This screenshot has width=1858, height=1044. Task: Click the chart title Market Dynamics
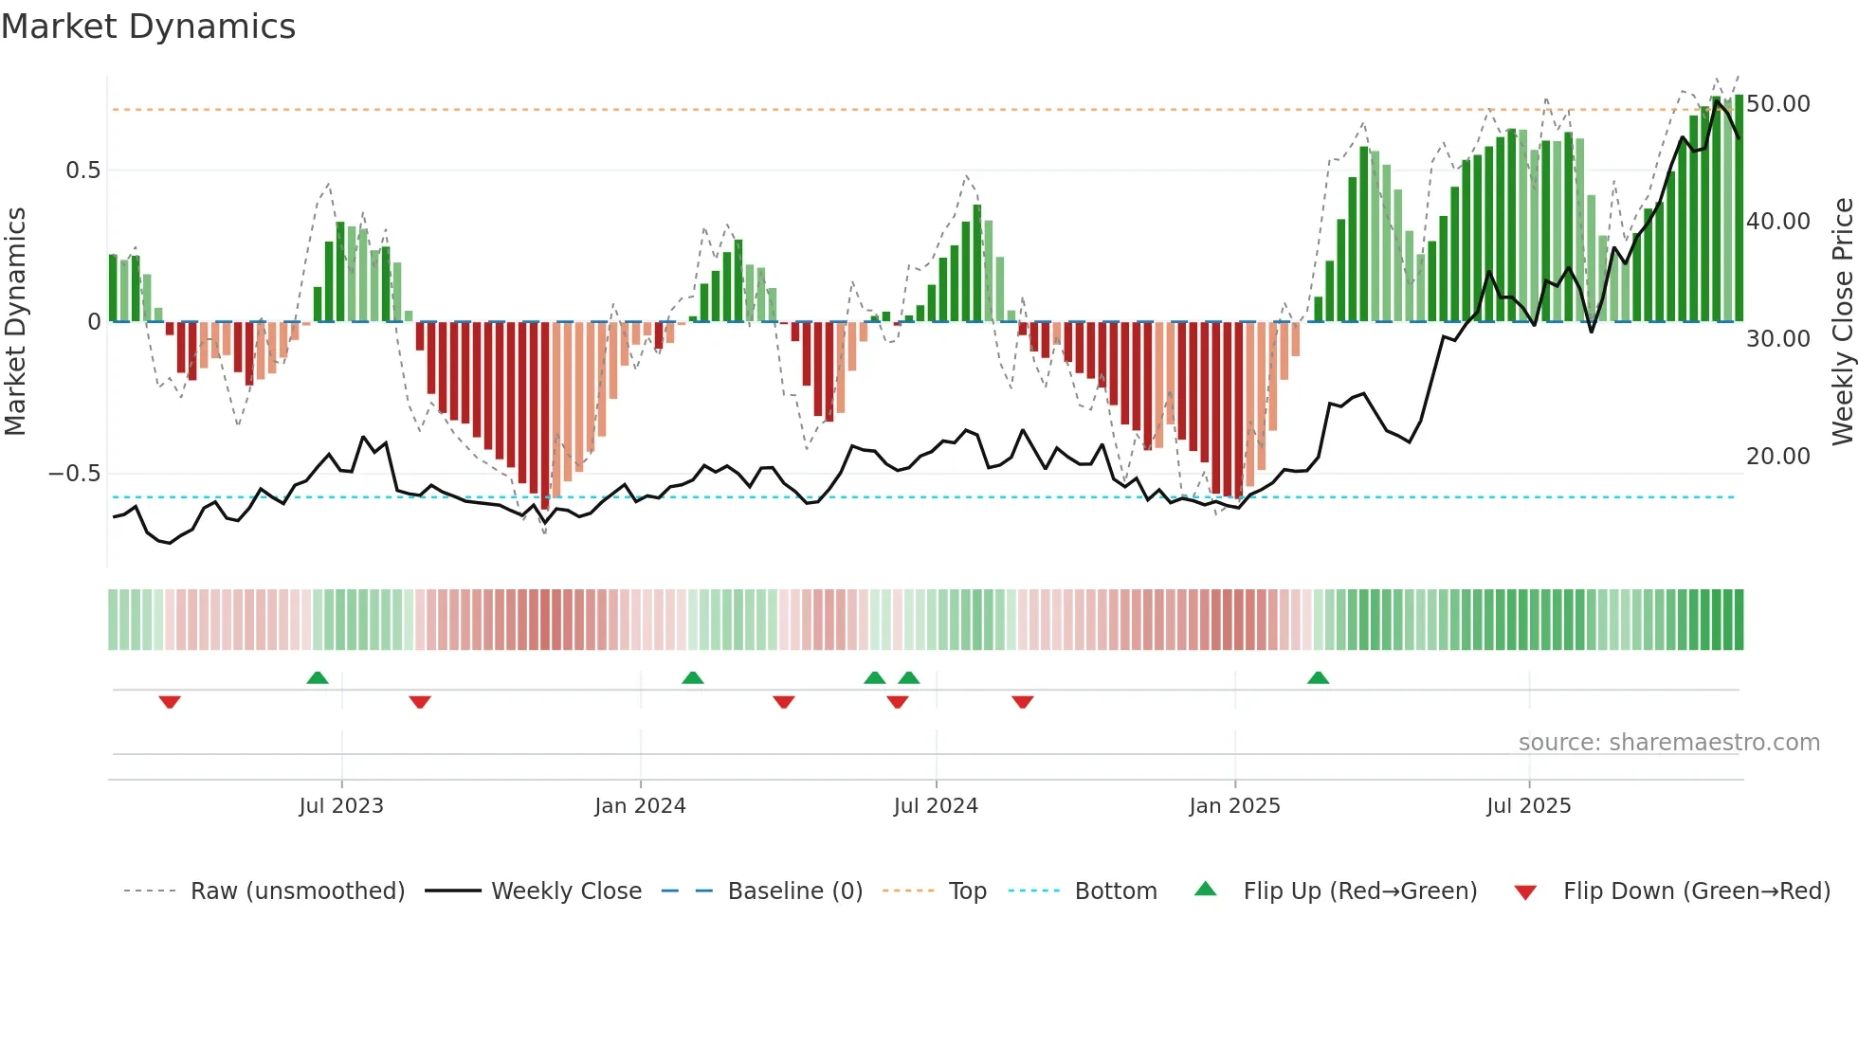tap(148, 27)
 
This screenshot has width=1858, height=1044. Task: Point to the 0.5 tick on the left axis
tap(82, 171)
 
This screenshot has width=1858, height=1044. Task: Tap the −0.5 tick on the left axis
tap(75, 474)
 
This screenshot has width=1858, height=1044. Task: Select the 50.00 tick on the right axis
tap(1777, 104)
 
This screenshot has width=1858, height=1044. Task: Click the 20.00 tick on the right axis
tap(1777, 457)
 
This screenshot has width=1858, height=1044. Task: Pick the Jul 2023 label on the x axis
tap(341, 806)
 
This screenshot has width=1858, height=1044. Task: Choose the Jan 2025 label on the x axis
tap(1234, 806)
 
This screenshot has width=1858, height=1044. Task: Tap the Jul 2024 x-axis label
tap(936, 806)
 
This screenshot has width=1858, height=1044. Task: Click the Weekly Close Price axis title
tap(1842, 322)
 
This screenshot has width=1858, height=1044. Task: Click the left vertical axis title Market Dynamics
tap(16, 322)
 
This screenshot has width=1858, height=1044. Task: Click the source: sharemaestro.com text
tap(1668, 743)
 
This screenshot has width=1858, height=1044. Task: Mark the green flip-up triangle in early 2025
tap(1318, 677)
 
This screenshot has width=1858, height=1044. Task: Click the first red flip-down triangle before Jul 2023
tap(170, 702)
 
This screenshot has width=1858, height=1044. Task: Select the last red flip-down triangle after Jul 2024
tap(1022, 702)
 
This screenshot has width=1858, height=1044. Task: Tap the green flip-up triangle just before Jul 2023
tap(318, 677)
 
